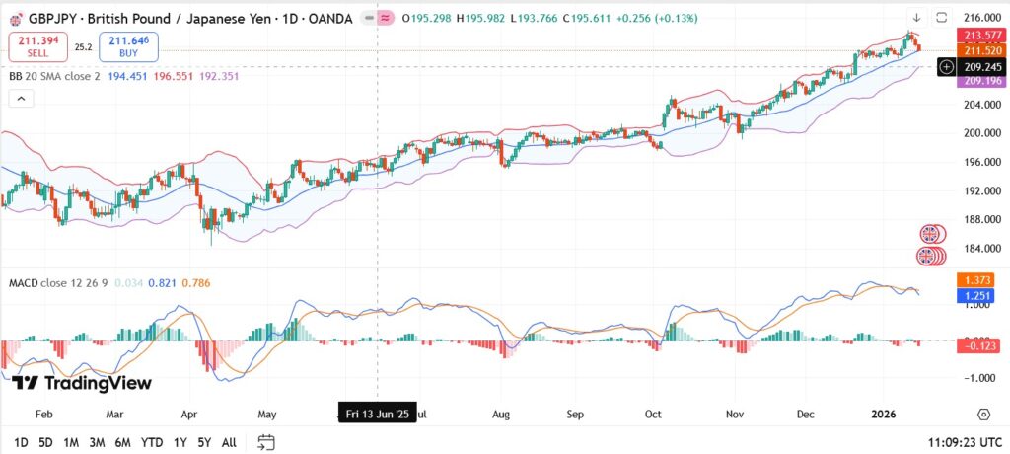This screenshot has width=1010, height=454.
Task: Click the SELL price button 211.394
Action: [37, 45]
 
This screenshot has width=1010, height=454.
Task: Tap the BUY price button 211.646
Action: [128, 45]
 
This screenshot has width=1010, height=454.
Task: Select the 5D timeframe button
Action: [45, 442]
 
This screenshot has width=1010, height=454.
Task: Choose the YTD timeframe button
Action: [152, 442]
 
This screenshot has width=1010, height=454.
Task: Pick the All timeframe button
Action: [229, 442]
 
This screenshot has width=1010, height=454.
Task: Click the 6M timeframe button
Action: [123, 442]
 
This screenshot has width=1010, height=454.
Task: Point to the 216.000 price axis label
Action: [980, 18]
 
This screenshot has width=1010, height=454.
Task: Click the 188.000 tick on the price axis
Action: [980, 219]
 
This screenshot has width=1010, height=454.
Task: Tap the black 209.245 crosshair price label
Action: [980, 66]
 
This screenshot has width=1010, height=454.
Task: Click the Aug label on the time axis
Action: [500, 415]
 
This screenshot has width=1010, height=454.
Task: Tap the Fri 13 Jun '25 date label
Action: [377, 415]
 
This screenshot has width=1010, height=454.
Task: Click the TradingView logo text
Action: [83, 383]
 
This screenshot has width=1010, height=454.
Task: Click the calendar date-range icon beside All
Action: [265, 442]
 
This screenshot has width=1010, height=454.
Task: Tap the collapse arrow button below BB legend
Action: [20, 98]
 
